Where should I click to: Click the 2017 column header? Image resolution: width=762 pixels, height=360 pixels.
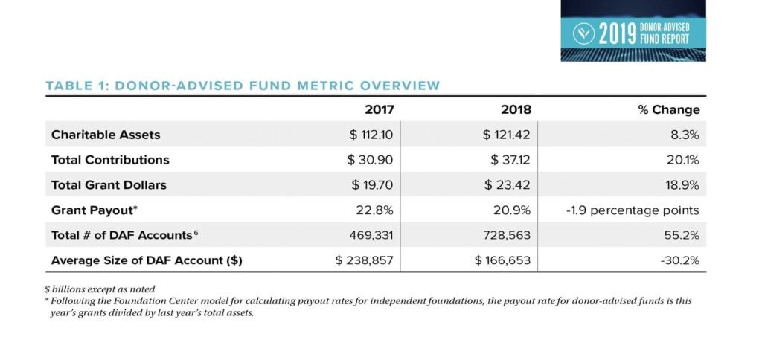coord(379,109)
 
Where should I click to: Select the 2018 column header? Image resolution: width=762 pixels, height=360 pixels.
coord(516,109)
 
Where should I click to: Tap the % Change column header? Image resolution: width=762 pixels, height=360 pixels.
coord(669,110)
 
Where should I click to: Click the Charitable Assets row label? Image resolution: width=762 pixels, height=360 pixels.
coord(106,135)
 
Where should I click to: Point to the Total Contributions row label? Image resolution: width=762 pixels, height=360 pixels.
coord(110,160)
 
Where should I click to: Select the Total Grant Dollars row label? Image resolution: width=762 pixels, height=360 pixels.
coord(109,185)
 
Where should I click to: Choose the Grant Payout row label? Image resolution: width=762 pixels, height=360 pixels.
coord(95,210)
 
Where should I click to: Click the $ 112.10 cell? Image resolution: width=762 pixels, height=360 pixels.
coord(371,135)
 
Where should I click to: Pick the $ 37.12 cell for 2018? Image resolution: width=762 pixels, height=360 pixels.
coord(510,160)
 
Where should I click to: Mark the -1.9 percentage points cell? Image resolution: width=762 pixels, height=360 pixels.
coord(633,210)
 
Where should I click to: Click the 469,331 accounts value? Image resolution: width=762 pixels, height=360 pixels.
coord(371,236)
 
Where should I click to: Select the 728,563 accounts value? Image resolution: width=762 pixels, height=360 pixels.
coord(507,236)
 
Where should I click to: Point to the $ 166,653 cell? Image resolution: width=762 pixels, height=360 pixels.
coord(502,261)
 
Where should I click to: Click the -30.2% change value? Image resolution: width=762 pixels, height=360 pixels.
coord(680,261)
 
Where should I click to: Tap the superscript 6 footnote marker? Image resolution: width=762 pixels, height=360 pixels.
coord(196,233)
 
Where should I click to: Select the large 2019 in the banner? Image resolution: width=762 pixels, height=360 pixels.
coord(618,34)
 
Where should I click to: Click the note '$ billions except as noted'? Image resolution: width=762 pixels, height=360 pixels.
coord(100,289)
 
